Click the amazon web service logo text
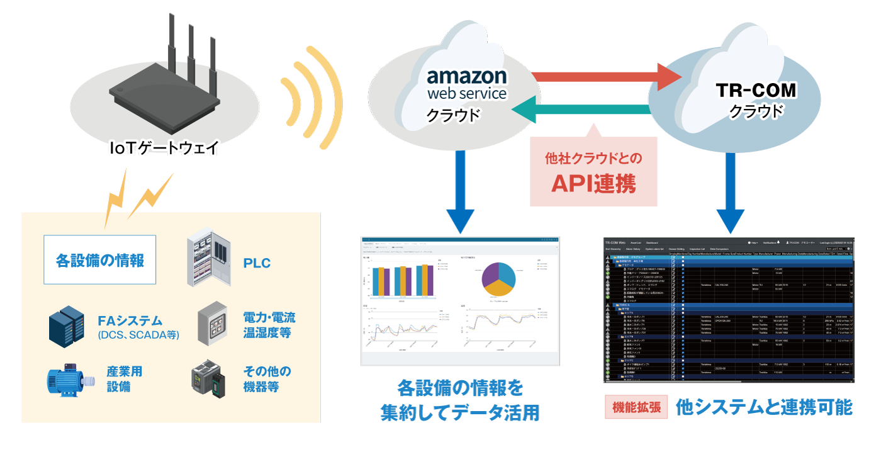[466, 84]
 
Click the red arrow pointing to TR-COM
[607, 76]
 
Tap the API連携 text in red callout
[593, 183]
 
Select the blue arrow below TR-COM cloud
[730, 195]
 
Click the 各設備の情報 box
[99, 259]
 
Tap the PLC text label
[257, 263]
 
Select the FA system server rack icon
[67, 326]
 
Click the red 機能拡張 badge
[636, 407]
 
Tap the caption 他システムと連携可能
[764, 407]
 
